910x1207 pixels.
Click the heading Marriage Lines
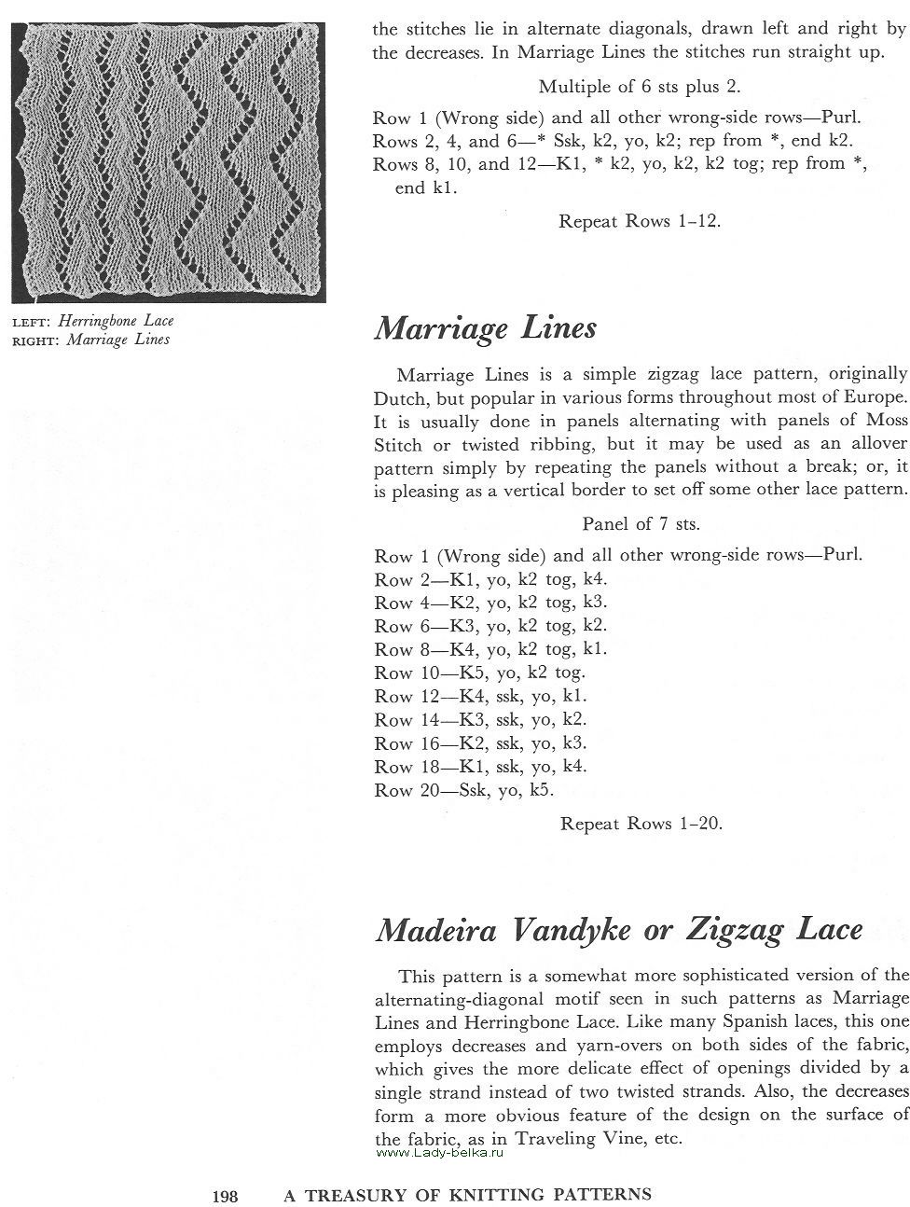click(x=485, y=328)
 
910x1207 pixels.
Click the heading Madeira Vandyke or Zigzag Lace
click(x=618, y=930)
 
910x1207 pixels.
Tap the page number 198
click(x=226, y=1194)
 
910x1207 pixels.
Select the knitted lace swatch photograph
click(x=168, y=160)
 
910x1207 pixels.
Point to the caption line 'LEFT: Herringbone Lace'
click(x=92, y=321)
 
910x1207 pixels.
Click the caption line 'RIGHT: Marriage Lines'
click(x=90, y=340)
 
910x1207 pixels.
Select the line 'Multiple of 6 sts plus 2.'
click(x=640, y=87)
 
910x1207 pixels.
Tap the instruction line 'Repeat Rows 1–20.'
click(x=641, y=824)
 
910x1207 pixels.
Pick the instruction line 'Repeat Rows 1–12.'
click(x=640, y=221)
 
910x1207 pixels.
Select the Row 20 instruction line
click(x=464, y=790)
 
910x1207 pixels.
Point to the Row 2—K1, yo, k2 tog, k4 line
click(x=490, y=578)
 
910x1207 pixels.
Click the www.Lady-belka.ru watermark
click(x=439, y=1153)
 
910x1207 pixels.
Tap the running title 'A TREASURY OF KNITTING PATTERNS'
click(x=468, y=1194)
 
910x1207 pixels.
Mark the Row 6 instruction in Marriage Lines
click(x=490, y=626)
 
